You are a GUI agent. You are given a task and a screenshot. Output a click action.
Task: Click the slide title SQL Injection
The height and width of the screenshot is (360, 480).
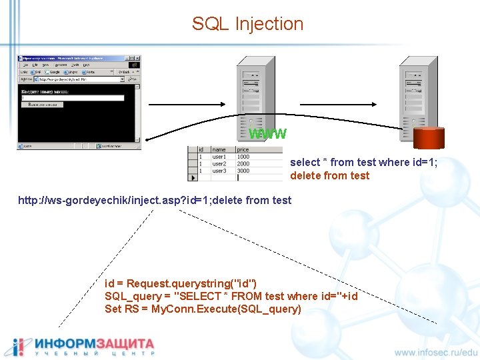point(247,24)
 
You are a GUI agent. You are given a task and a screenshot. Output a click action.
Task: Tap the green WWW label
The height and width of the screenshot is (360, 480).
point(267,134)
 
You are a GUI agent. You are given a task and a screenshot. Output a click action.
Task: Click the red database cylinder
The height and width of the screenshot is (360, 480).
point(428,136)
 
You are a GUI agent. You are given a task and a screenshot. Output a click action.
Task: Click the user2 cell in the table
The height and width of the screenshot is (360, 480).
point(219,164)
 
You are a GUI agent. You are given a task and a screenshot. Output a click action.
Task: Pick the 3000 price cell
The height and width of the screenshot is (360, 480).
point(243,171)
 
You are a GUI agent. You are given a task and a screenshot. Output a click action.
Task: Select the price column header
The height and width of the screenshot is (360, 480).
point(243,150)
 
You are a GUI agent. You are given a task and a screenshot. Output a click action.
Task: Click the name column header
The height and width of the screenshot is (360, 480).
point(219,150)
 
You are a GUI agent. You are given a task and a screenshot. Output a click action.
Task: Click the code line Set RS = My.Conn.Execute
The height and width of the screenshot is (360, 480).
point(203,309)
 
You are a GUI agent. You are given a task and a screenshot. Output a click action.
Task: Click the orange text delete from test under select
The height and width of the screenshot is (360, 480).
point(329,175)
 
